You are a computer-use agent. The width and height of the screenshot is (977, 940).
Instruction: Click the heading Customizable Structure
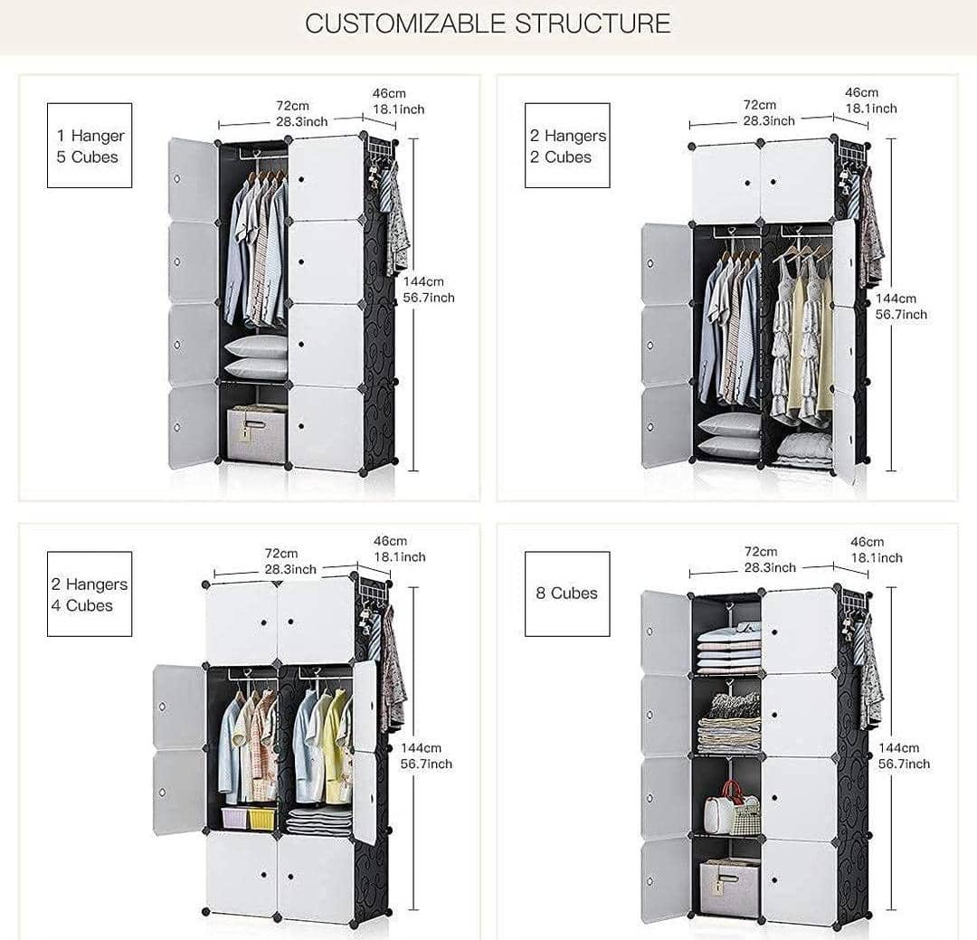[x=488, y=24]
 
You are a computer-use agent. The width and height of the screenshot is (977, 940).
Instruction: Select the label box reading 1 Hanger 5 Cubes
[x=90, y=146]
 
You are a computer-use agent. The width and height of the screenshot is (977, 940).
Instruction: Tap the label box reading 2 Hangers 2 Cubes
[x=567, y=146]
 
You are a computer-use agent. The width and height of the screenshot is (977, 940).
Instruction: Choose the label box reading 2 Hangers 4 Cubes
[x=90, y=594]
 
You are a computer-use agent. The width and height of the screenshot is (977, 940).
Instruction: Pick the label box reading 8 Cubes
[x=567, y=593]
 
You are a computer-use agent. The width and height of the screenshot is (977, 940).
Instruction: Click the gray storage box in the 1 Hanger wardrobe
[x=255, y=434]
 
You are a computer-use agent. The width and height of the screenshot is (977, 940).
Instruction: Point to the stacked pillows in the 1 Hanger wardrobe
[x=256, y=357]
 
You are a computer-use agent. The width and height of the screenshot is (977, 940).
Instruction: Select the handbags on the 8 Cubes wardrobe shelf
[x=733, y=810]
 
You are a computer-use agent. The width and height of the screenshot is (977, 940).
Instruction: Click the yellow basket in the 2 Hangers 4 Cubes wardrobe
[x=261, y=818]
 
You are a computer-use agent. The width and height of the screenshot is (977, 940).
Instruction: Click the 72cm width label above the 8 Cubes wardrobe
[x=761, y=551]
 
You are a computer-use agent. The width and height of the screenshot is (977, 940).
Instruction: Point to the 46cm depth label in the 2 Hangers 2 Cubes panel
[x=861, y=92]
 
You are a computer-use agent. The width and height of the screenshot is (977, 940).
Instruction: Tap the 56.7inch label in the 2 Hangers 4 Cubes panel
[x=425, y=764]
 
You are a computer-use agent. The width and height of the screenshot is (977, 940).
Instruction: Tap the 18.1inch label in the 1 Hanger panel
[x=398, y=109]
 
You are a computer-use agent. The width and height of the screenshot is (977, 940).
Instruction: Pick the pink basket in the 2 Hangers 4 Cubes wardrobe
[x=233, y=818]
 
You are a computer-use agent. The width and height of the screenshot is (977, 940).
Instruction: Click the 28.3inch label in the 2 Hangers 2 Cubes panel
[x=769, y=120]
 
